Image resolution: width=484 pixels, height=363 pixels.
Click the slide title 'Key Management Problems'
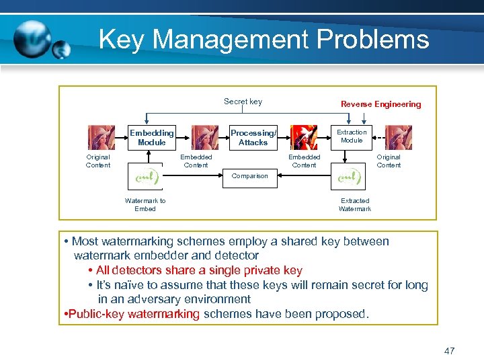point(264,40)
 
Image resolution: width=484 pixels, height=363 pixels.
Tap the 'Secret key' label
point(243,102)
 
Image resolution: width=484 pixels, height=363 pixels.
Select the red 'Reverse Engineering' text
point(380,104)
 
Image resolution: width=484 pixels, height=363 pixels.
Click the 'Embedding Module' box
point(151,137)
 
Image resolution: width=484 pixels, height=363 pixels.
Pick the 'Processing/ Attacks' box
point(253,137)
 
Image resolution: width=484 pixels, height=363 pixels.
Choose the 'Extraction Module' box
point(352,136)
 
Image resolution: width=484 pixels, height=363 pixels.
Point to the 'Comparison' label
point(249,176)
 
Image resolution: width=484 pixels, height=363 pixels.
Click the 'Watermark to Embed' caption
point(145,204)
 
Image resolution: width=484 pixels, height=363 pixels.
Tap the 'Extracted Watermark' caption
point(355,204)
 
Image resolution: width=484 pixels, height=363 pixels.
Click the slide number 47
point(450,351)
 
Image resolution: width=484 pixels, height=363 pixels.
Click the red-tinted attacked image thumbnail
point(304,137)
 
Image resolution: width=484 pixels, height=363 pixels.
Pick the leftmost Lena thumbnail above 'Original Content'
point(98,138)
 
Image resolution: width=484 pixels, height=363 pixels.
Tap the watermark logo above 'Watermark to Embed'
point(146,177)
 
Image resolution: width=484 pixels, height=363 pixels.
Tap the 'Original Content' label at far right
point(389,161)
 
